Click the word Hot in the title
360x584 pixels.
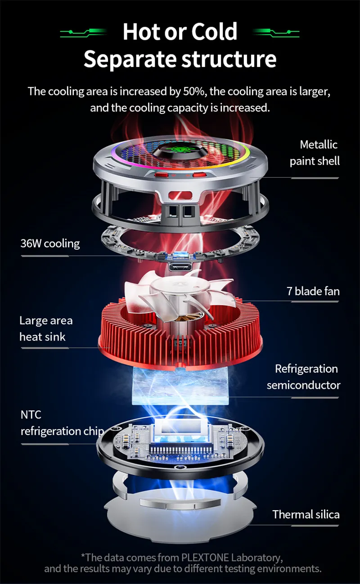click(x=141, y=31)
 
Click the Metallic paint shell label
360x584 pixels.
click(x=315, y=153)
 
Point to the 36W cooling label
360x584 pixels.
click(x=50, y=243)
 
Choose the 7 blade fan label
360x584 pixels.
click(x=313, y=291)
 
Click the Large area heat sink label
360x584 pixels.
click(x=46, y=328)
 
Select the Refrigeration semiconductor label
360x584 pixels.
click(x=303, y=377)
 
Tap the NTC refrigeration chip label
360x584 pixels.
click(x=62, y=423)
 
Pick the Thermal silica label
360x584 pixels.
click(x=306, y=514)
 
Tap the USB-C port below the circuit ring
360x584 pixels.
click(x=180, y=267)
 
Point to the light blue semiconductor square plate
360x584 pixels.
click(x=180, y=386)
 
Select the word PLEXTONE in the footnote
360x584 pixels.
click(x=205, y=557)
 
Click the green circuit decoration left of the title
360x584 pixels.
click(x=83, y=33)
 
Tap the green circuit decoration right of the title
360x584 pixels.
click(x=276, y=33)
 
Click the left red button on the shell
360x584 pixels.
click(x=162, y=175)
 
